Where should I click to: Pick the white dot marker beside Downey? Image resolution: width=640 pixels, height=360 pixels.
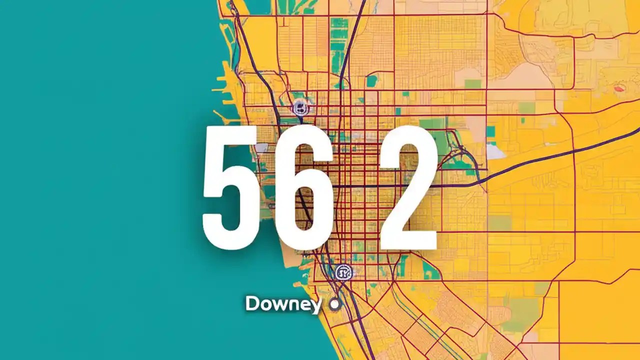(334, 303)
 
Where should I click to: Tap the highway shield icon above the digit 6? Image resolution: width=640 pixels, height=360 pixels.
(300, 107)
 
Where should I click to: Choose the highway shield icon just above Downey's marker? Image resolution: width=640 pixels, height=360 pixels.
(343, 272)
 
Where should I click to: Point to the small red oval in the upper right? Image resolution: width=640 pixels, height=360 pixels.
(620, 88)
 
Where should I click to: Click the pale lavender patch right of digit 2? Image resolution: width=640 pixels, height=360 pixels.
(495, 151)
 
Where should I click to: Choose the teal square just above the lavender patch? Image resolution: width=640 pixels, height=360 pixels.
(491, 131)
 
